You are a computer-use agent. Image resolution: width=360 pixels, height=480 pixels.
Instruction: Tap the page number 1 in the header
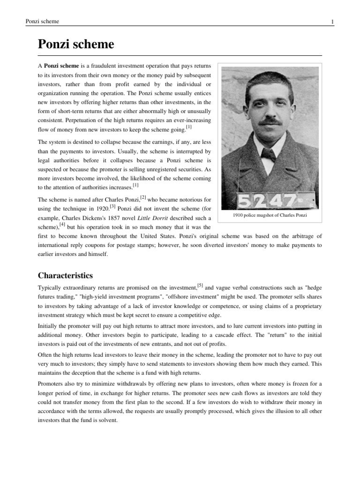click(332, 22)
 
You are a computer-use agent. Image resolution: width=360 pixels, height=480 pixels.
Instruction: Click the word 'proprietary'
click(306, 306)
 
